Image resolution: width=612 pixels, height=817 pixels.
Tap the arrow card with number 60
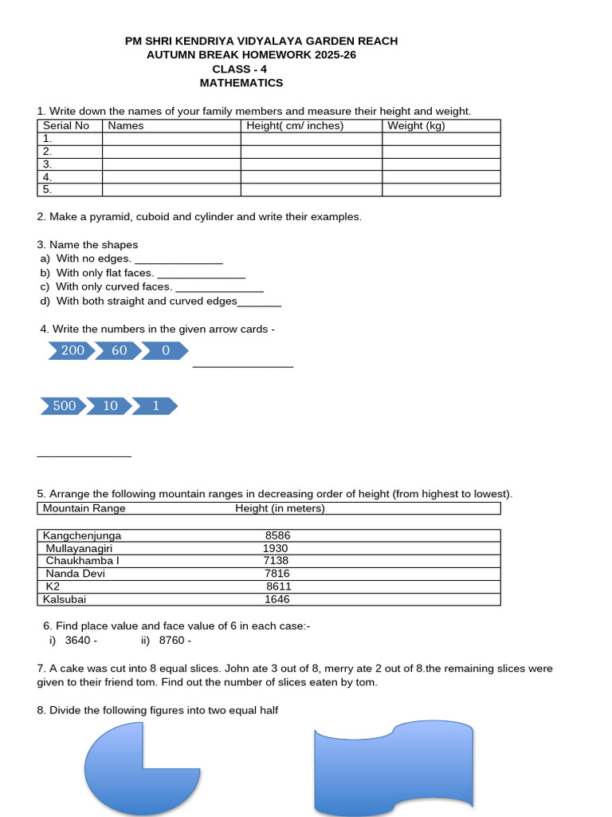point(119,350)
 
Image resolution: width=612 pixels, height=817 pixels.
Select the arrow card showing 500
point(64,406)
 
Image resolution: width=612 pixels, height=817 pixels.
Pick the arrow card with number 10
point(110,406)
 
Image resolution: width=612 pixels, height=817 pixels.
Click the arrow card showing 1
point(155,406)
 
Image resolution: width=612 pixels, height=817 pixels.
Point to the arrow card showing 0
point(166,350)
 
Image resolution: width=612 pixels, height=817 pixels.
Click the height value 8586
point(278,535)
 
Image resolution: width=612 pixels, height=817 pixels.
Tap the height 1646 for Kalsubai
point(277,599)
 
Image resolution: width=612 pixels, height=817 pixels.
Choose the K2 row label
point(53,586)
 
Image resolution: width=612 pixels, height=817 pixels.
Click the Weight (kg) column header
point(416,125)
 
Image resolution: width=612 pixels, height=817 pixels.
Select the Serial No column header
point(66,125)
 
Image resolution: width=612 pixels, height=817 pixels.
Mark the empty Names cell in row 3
point(171,164)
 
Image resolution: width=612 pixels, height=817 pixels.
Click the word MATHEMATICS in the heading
point(241,83)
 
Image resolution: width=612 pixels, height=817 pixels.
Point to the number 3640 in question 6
point(78,641)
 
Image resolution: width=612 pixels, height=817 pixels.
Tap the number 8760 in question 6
point(172,641)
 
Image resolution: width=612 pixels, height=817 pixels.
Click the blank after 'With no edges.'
point(178,259)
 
